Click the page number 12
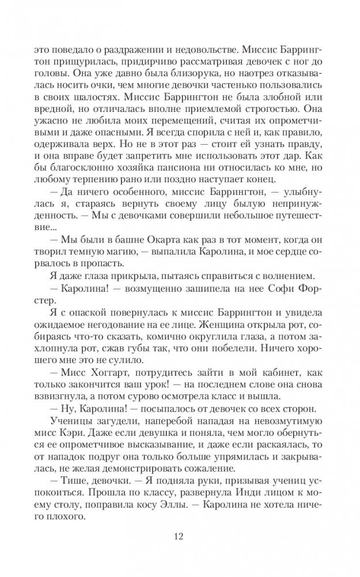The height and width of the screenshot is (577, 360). pyautogui.click(x=179, y=537)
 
